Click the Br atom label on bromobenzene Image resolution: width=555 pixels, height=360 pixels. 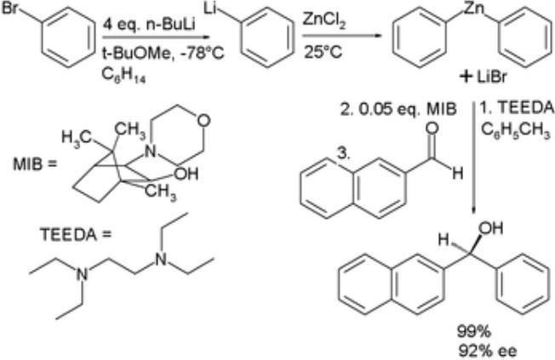point(9,8)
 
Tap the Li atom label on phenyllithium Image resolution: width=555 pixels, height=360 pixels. point(210,9)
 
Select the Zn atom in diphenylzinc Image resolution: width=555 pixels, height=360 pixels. point(474,9)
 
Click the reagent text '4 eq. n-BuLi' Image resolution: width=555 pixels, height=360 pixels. point(149,26)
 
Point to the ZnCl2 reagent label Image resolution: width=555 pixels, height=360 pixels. point(324,21)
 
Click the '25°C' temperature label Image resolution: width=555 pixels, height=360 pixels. point(323,52)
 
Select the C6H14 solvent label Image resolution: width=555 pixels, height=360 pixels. point(123,76)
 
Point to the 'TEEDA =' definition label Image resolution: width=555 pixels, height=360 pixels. point(76,235)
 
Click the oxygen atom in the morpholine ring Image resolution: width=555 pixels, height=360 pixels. point(204,121)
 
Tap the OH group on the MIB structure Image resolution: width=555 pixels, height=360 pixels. point(187,174)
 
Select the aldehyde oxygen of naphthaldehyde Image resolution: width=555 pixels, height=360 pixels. point(432,129)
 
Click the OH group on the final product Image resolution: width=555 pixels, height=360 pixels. point(491,229)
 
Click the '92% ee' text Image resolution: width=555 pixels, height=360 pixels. point(488,351)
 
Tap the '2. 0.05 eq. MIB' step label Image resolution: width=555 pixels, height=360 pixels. point(398,110)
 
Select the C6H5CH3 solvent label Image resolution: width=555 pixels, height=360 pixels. point(515,132)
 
